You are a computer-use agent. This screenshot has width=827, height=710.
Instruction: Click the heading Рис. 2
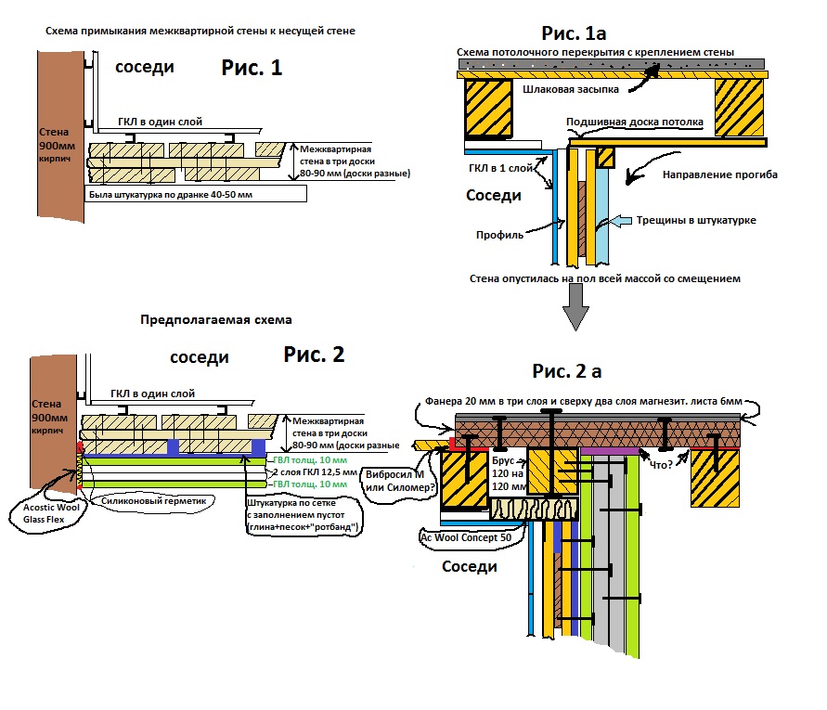(x=314, y=355)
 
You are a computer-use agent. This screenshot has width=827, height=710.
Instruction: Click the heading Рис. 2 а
(x=567, y=371)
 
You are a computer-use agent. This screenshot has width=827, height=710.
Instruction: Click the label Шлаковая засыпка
(x=568, y=89)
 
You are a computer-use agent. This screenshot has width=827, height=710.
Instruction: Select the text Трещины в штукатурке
(x=691, y=220)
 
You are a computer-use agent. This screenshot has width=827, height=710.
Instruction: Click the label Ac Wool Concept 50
(x=464, y=537)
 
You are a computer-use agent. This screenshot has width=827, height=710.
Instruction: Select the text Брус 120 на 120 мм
(x=505, y=471)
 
